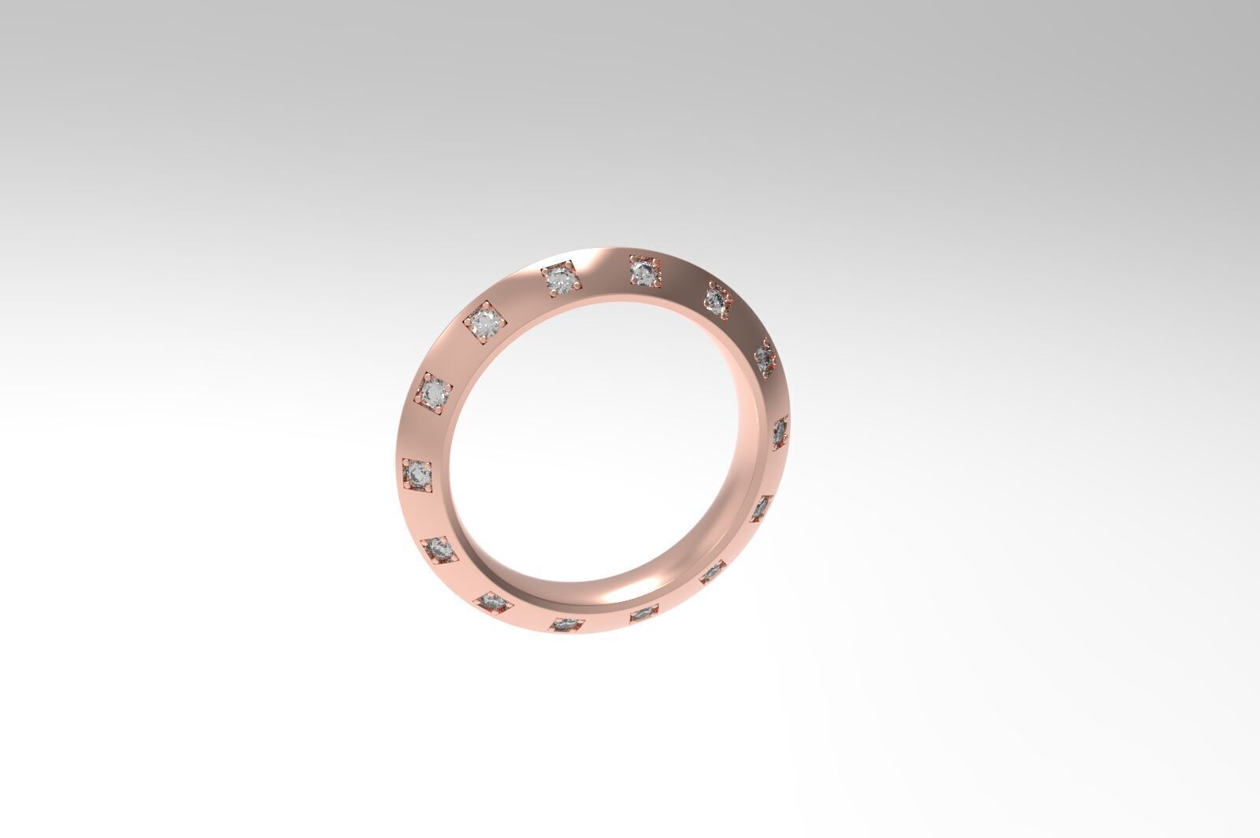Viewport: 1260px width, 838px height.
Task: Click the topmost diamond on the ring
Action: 645,272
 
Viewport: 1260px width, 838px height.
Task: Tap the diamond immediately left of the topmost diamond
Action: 560,280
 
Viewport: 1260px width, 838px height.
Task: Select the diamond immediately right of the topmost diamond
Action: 717,300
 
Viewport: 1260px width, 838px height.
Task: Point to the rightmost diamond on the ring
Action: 779,432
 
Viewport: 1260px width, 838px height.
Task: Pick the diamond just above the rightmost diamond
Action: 764,359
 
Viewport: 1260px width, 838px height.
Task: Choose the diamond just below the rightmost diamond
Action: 760,508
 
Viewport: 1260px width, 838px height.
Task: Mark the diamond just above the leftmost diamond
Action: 434,392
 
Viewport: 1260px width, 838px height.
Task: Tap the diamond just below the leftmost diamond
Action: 439,549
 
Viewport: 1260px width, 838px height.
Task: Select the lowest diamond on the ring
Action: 566,625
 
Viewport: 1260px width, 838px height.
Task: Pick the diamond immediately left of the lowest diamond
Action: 494,603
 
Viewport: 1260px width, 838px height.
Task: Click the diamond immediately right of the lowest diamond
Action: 643,613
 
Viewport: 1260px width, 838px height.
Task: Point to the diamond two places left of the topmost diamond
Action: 485,323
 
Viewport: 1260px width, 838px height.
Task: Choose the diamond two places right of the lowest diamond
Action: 712,572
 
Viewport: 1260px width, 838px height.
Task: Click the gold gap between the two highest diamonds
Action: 602,271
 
